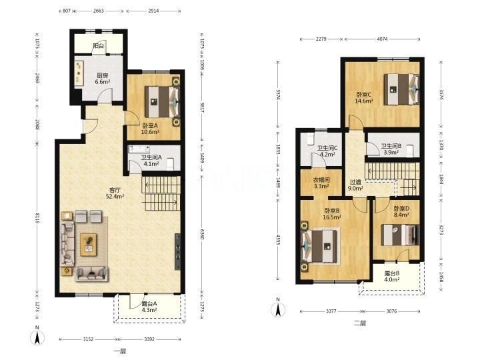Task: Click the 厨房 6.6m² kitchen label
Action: click(x=103, y=79)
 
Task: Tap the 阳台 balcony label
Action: click(x=98, y=46)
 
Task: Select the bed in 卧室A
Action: click(x=162, y=101)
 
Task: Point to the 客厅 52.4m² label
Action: click(x=115, y=193)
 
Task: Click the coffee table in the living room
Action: click(x=89, y=245)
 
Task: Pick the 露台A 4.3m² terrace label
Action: click(x=149, y=307)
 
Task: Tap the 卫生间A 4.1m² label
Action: click(x=151, y=161)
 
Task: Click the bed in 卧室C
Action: click(x=401, y=89)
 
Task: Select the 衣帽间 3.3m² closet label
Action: click(x=321, y=183)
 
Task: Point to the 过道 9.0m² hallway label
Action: click(x=355, y=185)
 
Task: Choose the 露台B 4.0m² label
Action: click(x=392, y=276)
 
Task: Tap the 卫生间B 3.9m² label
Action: click(x=391, y=149)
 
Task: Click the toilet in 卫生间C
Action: click(x=311, y=139)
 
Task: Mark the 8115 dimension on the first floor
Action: click(x=37, y=218)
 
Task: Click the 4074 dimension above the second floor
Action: click(x=382, y=39)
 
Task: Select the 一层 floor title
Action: click(x=120, y=351)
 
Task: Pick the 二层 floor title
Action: click(x=360, y=323)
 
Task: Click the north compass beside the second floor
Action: click(x=278, y=307)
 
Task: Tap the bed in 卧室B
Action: click(x=319, y=247)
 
